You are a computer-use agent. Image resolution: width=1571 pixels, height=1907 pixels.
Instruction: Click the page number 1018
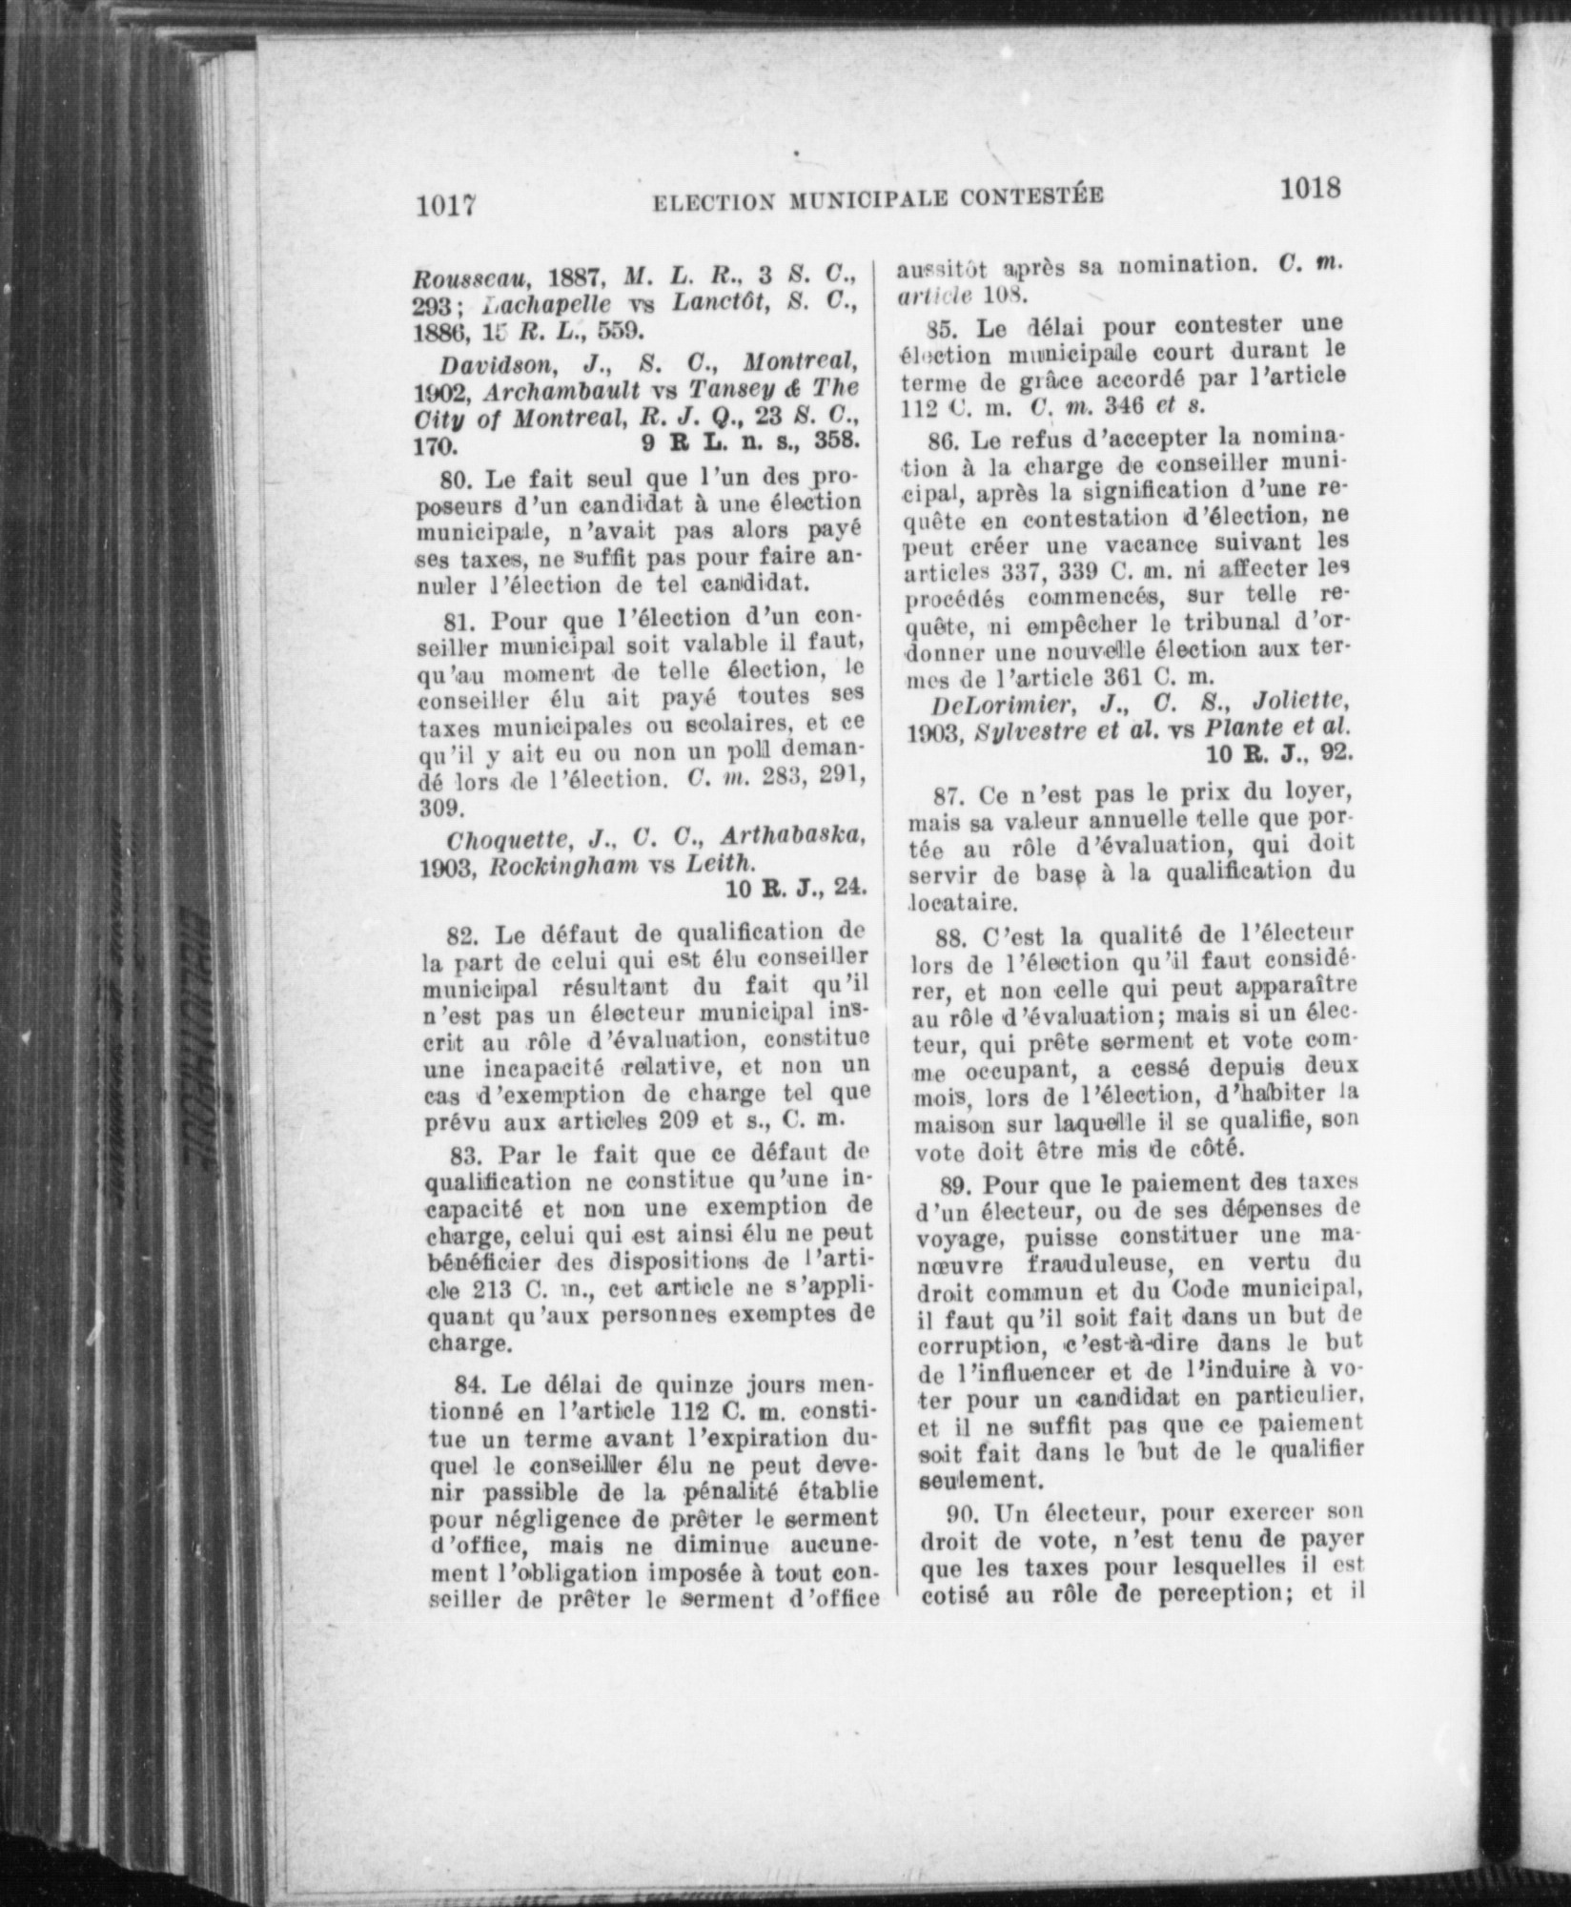click(x=1310, y=188)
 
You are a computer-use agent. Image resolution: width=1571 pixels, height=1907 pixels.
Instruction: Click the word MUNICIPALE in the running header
click(x=853, y=197)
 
